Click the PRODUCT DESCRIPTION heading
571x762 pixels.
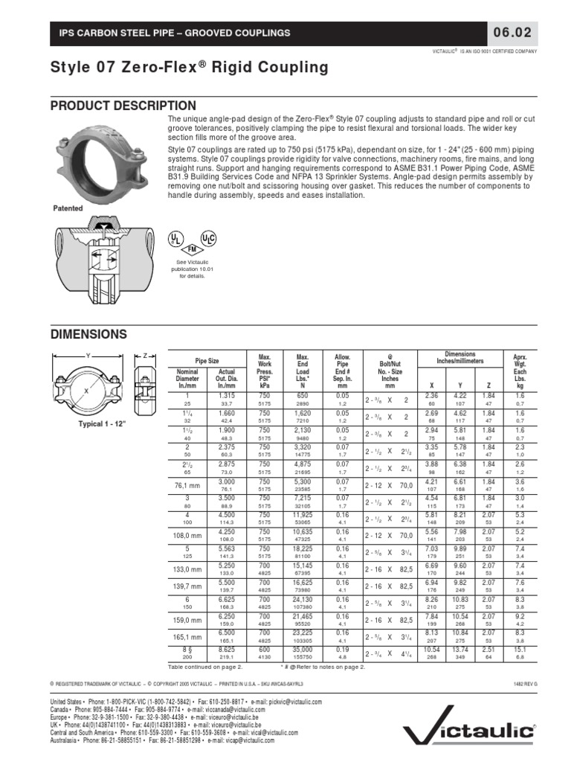[x=123, y=106]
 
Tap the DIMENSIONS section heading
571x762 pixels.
[x=88, y=335]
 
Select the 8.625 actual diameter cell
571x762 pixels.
[x=226, y=650]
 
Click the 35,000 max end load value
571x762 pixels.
[x=302, y=650]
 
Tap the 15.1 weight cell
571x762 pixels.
[x=520, y=650]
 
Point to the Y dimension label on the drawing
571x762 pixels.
[x=88, y=355]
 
